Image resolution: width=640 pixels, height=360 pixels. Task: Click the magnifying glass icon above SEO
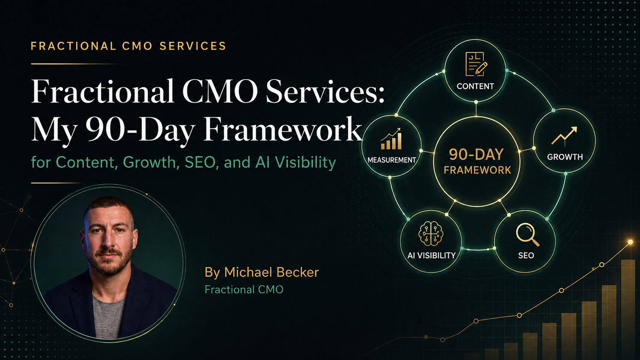click(527, 235)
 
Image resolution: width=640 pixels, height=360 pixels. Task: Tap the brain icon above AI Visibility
click(431, 233)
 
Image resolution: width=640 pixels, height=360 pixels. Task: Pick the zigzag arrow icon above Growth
click(564, 135)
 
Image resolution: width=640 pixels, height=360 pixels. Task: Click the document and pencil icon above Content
click(476, 64)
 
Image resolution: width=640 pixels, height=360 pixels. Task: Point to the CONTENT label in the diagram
click(475, 86)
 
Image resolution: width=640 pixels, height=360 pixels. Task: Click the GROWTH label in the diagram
click(565, 157)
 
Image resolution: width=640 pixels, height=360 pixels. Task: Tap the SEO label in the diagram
click(526, 255)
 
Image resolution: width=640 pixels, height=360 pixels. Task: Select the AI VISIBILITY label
click(431, 255)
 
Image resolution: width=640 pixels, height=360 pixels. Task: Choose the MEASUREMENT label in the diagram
click(392, 160)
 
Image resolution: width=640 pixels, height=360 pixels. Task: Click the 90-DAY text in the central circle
click(476, 155)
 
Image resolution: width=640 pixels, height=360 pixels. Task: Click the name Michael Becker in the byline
click(271, 272)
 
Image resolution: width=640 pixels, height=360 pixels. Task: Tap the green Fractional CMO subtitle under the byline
click(244, 290)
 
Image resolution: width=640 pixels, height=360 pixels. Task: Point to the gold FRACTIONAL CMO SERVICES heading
click(129, 46)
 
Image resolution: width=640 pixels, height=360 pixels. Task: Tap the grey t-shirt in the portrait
click(109, 317)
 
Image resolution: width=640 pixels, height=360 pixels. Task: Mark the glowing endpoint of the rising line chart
click(630, 242)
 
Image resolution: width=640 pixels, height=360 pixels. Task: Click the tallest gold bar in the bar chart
click(628, 310)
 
